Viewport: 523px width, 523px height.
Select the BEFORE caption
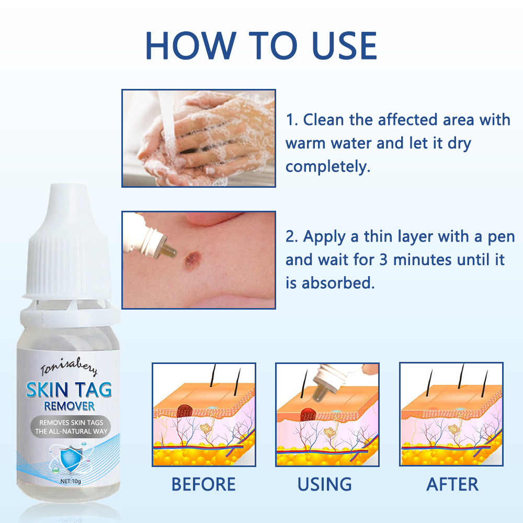click(x=203, y=484)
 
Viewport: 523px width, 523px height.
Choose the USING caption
click(x=324, y=484)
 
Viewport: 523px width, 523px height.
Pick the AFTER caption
click(x=452, y=484)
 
